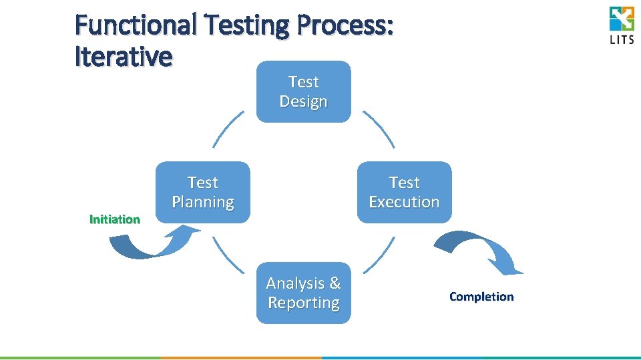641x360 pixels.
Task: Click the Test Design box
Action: (304, 92)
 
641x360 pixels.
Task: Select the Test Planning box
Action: (203, 192)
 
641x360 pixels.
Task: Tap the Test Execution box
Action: (405, 192)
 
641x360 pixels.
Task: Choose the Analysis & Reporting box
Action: (304, 293)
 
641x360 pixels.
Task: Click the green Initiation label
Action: (115, 219)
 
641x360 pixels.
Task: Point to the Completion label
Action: (481, 297)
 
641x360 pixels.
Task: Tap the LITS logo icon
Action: (622, 18)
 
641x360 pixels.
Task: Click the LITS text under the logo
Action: (622, 39)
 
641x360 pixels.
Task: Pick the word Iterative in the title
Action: (124, 57)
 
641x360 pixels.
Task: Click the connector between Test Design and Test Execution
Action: (379, 129)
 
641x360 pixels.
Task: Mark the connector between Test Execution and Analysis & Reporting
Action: (379, 255)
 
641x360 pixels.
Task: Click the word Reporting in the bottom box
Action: (304, 303)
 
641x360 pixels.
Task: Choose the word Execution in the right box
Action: (405, 202)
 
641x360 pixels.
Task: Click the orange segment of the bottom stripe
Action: (240, 358)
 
